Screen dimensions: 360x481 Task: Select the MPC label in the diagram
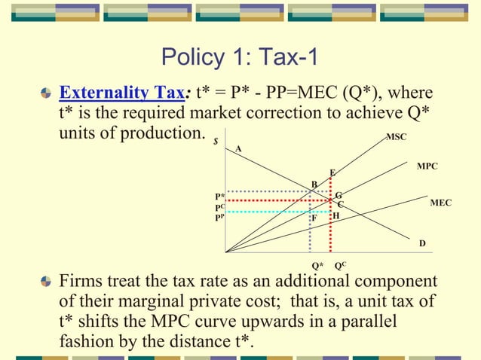click(x=427, y=165)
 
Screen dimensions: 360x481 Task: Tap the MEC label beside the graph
click(x=441, y=203)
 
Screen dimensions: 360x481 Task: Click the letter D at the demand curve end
click(x=422, y=243)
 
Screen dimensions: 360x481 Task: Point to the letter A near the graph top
click(x=239, y=148)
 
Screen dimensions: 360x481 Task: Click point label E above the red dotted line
click(x=332, y=172)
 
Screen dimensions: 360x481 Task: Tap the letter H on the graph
click(x=335, y=215)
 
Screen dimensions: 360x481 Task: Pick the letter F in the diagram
click(x=314, y=218)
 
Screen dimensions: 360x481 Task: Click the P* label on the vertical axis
click(x=220, y=196)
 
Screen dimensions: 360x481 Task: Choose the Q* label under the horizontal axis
click(x=317, y=265)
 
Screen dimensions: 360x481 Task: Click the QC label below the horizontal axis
click(x=340, y=265)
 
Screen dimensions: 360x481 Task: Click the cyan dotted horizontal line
click(x=271, y=212)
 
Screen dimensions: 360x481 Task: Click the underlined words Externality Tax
click(x=124, y=93)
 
